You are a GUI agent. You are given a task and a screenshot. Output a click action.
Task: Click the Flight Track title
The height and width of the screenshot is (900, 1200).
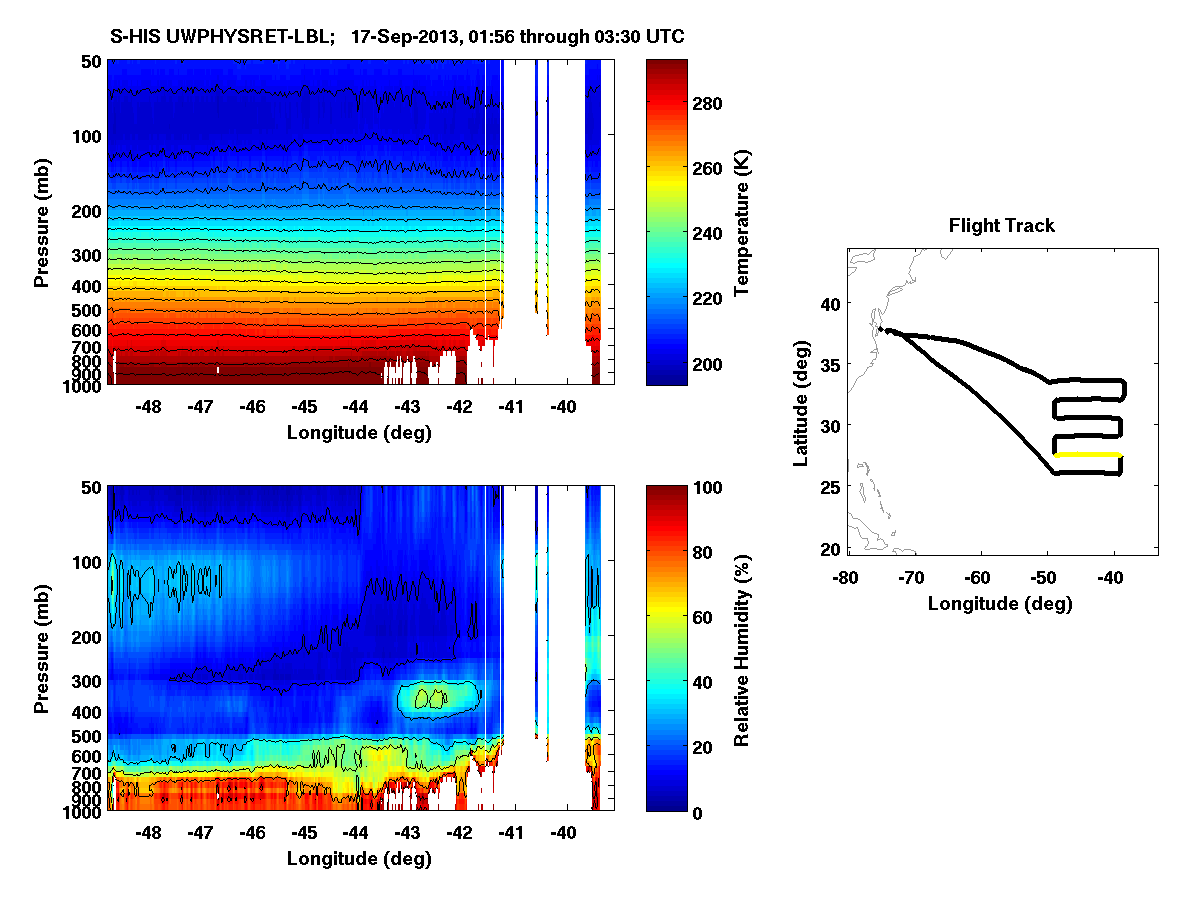point(1001,226)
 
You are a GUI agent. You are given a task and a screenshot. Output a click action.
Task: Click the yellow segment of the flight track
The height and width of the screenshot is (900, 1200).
point(1088,455)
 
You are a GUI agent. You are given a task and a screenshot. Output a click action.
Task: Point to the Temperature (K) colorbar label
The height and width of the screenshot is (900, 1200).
point(742,222)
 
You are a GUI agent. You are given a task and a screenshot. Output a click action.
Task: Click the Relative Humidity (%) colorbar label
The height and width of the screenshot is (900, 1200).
point(742,648)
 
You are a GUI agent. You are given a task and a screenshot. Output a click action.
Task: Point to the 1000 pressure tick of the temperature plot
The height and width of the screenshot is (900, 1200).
point(82,385)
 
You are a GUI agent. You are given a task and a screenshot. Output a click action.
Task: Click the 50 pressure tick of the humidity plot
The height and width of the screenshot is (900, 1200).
point(90,487)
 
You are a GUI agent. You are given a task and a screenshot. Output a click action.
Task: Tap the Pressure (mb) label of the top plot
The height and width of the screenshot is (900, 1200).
point(42,222)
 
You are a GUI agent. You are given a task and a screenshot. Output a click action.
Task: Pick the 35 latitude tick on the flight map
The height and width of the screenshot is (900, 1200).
point(830,364)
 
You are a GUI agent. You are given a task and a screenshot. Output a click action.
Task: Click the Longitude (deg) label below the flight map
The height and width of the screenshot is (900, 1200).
point(1000,604)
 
